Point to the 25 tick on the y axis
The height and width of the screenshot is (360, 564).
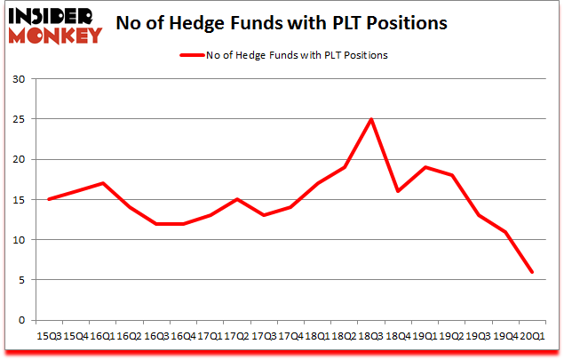tap(18, 119)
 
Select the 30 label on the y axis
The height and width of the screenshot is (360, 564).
tap(18, 79)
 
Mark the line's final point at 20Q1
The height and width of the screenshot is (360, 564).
tap(532, 272)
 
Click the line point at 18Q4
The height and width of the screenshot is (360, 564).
tap(398, 191)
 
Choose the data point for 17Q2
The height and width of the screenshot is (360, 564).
tap(236, 199)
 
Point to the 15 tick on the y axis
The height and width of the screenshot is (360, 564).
tap(18, 199)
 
